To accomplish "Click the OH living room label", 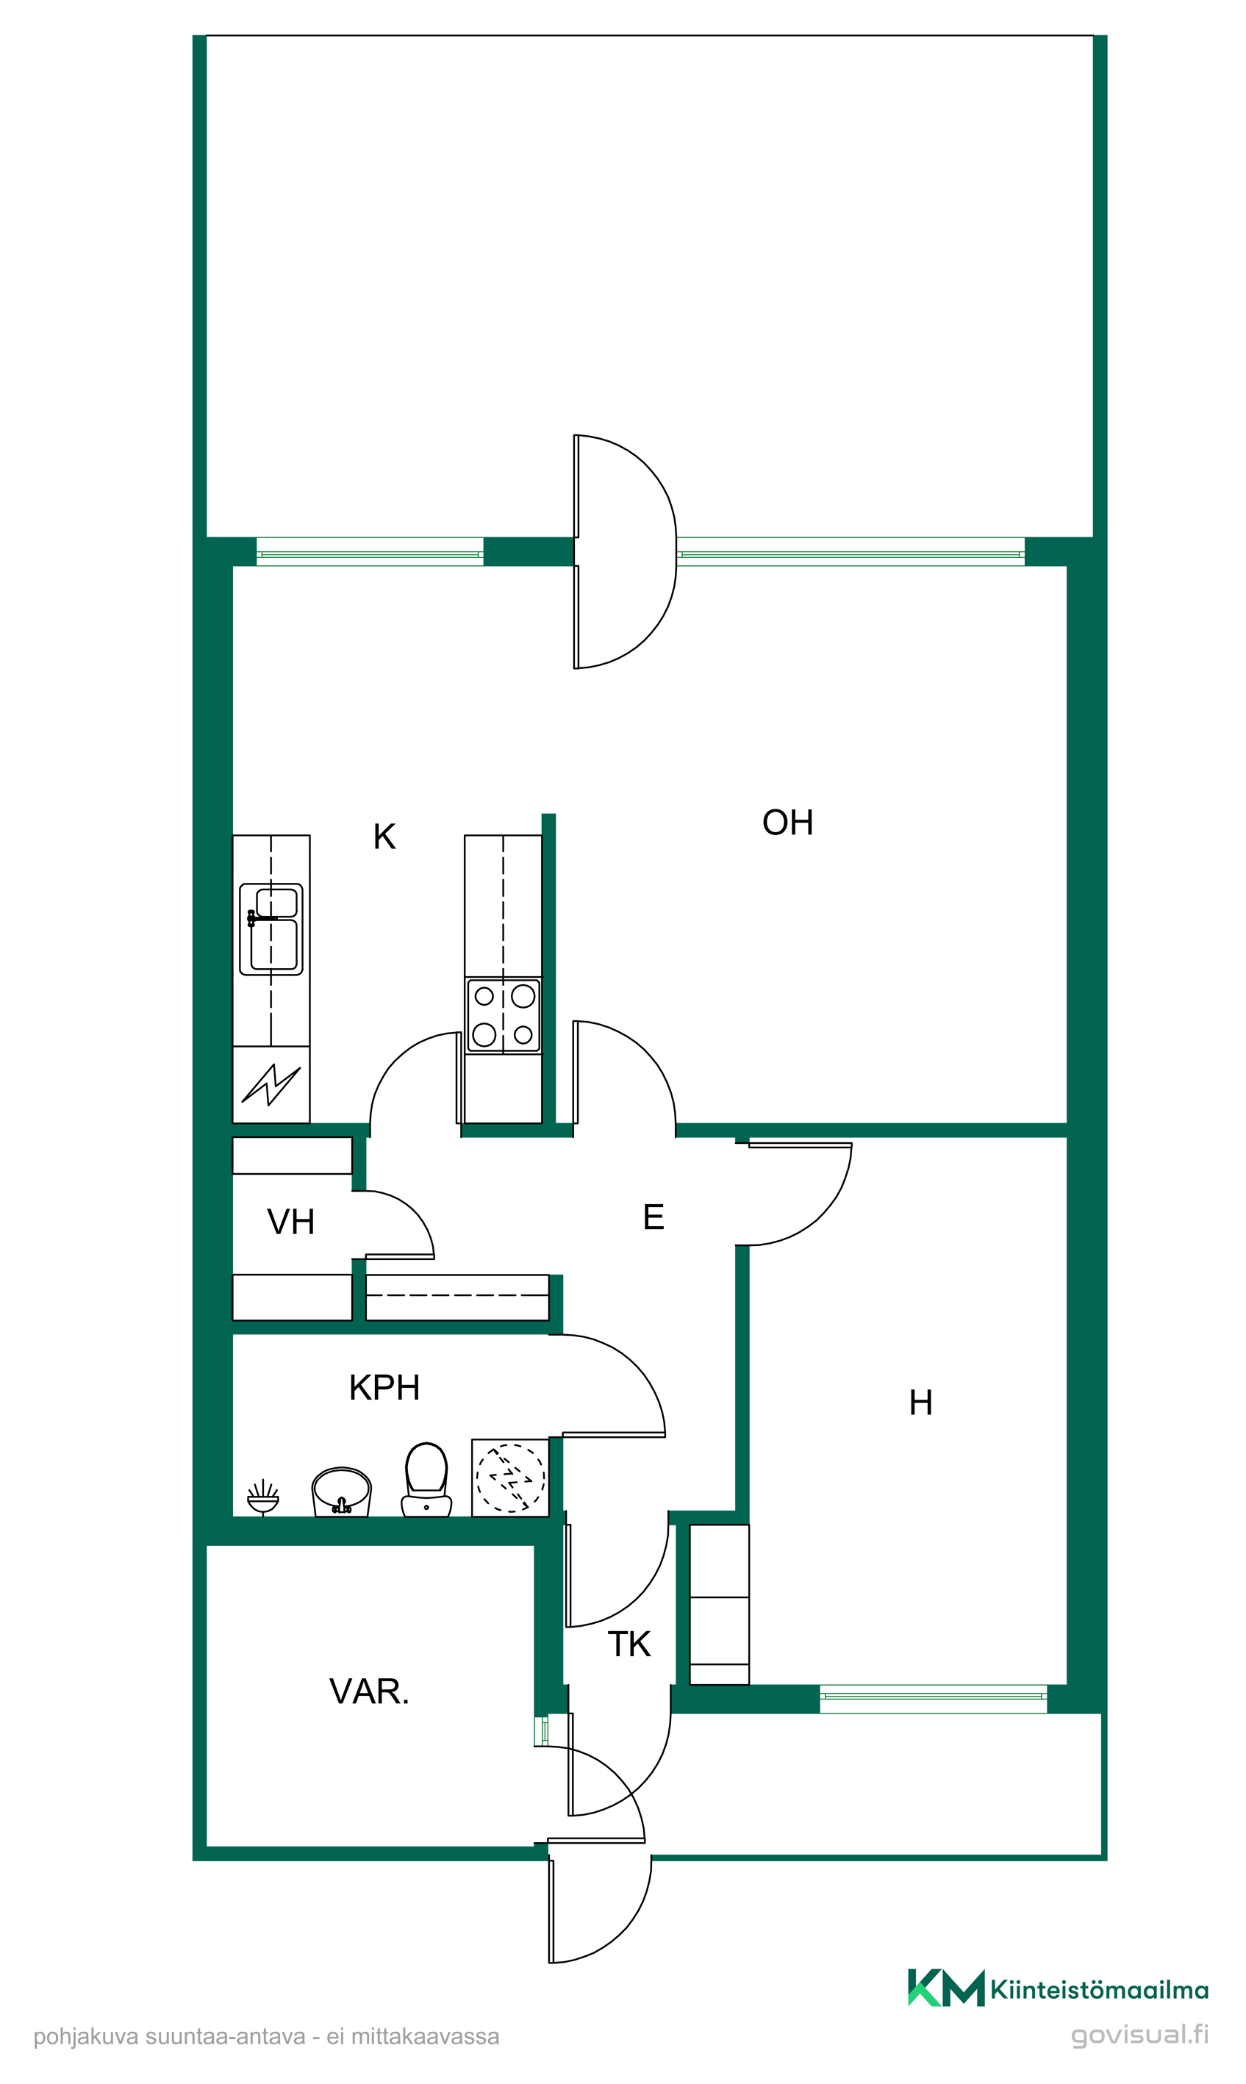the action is click(787, 823).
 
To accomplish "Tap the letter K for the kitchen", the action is click(384, 837).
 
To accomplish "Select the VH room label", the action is click(290, 1222).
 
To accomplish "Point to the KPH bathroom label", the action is click(384, 1388).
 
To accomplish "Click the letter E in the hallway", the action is click(654, 1217).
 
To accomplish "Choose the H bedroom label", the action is click(921, 1403).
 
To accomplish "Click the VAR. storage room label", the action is click(370, 1692).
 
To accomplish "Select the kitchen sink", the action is click(271, 929).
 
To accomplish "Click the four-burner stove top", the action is click(504, 1015).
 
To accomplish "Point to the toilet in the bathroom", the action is click(426, 1480).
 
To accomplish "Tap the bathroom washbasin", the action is click(341, 1492).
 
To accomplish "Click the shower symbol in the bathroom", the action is click(263, 1497).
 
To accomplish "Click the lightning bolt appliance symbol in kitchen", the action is click(271, 1085).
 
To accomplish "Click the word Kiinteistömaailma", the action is click(1099, 1989).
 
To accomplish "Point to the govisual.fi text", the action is click(1140, 2035).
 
